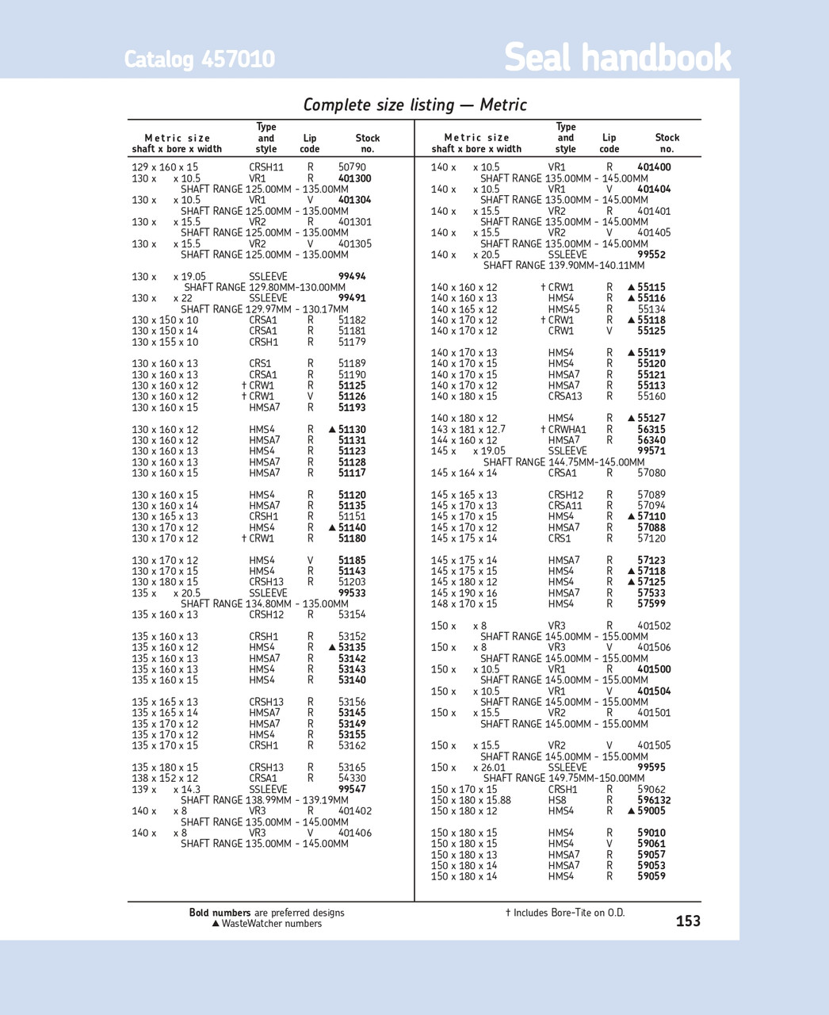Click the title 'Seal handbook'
(x=617, y=58)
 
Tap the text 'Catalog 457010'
(x=199, y=59)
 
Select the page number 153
(x=688, y=921)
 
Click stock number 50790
(x=352, y=167)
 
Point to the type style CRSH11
(x=266, y=167)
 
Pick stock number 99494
(x=352, y=277)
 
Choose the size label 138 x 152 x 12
(x=165, y=779)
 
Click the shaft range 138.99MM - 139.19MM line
(x=264, y=800)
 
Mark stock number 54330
(x=352, y=779)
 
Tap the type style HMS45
(x=563, y=309)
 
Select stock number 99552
(x=651, y=255)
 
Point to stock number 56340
(x=651, y=440)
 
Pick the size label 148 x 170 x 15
(x=464, y=603)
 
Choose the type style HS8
(x=557, y=800)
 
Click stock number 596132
(x=654, y=800)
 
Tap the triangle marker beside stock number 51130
(x=333, y=430)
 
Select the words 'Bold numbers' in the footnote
(x=220, y=913)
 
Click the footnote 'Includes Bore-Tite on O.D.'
(x=569, y=913)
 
